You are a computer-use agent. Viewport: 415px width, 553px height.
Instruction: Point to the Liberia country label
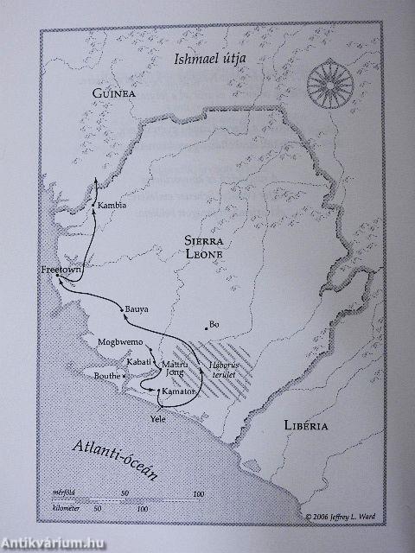coord(306,426)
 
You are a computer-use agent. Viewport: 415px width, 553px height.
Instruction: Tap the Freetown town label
coord(60,270)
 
